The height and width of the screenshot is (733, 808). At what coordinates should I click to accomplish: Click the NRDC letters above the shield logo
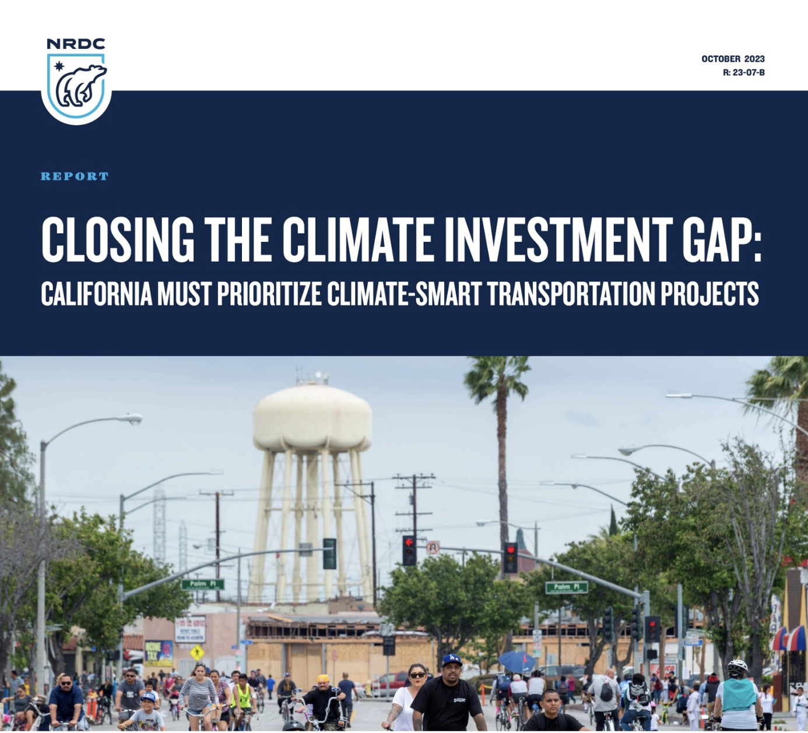(76, 44)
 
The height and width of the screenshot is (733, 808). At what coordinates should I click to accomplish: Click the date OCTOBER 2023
(733, 59)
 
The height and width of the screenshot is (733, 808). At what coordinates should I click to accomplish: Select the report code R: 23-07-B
(743, 72)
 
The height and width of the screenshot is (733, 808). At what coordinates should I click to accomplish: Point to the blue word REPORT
(75, 176)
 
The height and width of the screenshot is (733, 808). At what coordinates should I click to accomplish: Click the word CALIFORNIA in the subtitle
(96, 294)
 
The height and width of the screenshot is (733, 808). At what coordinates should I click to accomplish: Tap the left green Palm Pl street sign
(202, 584)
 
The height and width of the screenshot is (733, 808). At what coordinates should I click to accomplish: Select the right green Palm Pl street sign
(566, 587)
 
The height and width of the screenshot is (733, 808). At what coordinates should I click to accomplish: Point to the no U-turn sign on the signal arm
(433, 548)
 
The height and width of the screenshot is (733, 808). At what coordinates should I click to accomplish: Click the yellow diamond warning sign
(197, 652)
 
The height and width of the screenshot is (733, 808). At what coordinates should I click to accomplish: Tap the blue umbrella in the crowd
(517, 661)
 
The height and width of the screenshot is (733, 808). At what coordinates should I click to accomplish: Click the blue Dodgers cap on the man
(452, 660)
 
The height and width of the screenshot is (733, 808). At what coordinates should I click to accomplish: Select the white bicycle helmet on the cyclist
(737, 665)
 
